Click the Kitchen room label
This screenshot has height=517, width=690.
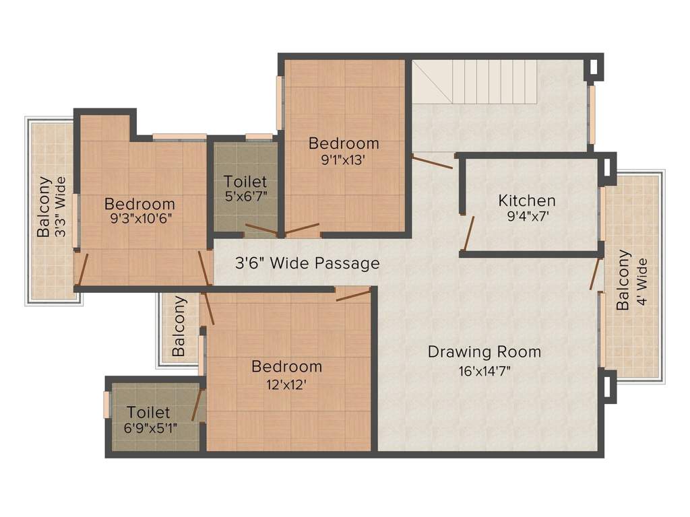click(x=527, y=201)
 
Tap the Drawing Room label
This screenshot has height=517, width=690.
click(x=484, y=351)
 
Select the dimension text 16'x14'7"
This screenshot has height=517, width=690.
click(x=484, y=372)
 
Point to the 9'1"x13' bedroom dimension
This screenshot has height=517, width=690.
click(x=343, y=160)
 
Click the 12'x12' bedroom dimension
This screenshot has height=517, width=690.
click(x=286, y=385)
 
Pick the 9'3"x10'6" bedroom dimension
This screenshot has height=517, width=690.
click(x=140, y=219)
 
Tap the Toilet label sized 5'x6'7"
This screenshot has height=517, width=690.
click(x=245, y=181)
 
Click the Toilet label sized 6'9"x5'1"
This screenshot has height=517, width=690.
click(x=148, y=413)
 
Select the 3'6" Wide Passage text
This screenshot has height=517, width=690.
click(x=307, y=263)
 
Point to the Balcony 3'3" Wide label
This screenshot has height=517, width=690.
click(x=52, y=207)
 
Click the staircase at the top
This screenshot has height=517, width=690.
click(x=474, y=81)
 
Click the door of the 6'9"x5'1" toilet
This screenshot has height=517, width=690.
click(x=197, y=405)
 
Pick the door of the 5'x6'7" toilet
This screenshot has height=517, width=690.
click(x=261, y=230)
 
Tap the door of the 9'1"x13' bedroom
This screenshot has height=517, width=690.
click(x=301, y=229)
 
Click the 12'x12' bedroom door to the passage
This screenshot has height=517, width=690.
click(x=353, y=295)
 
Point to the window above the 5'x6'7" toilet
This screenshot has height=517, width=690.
click(x=259, y=136)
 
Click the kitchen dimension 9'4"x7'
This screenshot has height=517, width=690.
click(x=527, y=216)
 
